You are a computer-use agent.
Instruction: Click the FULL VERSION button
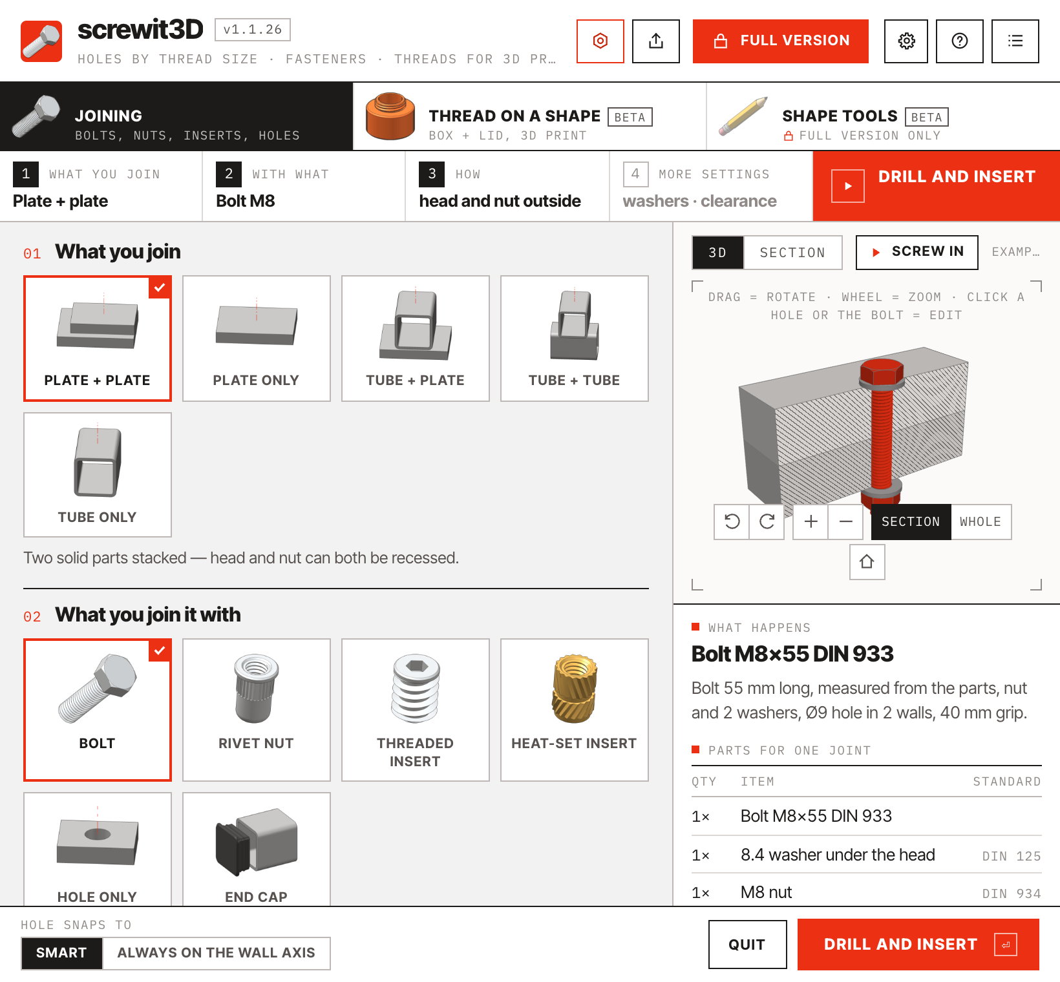[780, 41]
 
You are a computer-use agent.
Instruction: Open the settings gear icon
[906, 41]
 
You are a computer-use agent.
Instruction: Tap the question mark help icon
[960, 41]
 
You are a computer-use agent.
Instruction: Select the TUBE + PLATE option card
[416, 339]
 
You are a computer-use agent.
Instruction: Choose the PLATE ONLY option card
[257, 339]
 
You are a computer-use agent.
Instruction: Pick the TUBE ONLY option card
[98, 475]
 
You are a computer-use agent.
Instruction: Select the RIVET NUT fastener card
[257, 710]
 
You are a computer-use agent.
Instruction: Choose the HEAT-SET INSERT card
[575, 710]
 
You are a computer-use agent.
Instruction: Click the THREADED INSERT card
[416, 710]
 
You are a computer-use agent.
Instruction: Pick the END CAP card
[257, 849]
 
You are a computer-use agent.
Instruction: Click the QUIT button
[747, 945]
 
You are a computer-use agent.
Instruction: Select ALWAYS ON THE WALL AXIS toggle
[217, 953]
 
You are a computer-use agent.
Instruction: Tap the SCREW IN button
[917, 252]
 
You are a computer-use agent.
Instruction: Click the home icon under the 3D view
[867, 561]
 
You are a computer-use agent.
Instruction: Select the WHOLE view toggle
[980, 522]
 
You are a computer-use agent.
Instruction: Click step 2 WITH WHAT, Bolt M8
[304, 186]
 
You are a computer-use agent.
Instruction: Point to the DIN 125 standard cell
[1012, 856]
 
